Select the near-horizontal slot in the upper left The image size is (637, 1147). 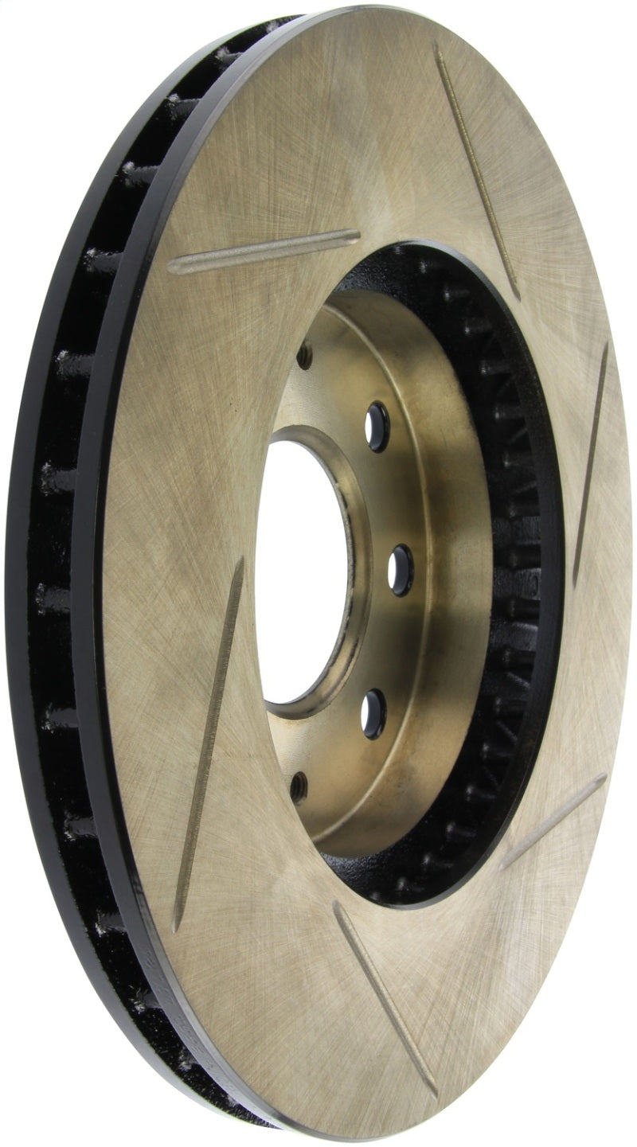pos(263,252)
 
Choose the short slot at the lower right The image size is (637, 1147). pos(553,820)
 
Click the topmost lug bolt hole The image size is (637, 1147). pos(305,355)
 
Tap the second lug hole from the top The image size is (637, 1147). pos(377,427)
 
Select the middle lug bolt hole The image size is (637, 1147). pos(401,569)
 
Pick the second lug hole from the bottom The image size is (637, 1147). pos(373,712)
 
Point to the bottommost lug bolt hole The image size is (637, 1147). pos(299,786)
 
